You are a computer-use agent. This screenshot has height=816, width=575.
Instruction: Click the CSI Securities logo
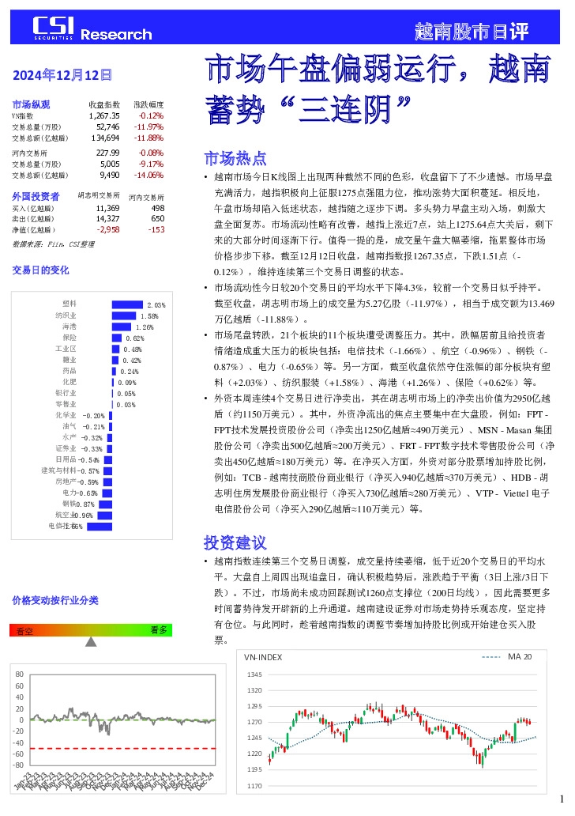point(54,29)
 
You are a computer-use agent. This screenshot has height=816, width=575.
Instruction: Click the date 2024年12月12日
point(62,75)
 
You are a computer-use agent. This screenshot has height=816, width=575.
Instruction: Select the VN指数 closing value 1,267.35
point(104,115)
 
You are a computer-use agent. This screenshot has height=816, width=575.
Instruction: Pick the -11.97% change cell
point(148,127)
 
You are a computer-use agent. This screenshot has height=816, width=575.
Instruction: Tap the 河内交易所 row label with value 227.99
point(29,153)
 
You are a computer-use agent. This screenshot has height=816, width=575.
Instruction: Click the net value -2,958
point(107,229)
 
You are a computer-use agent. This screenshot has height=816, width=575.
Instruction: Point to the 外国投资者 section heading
point(36,195)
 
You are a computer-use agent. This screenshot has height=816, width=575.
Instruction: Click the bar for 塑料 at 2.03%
point(127,304)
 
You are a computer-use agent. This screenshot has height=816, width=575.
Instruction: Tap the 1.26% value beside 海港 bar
point(144,327)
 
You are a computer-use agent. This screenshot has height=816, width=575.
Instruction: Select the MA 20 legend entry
point(519,656)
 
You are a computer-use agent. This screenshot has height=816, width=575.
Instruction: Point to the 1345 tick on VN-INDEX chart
point(254,674)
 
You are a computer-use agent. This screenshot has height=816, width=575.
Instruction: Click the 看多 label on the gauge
point(158,629)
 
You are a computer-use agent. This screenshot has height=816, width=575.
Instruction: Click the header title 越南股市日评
point(471,32)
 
